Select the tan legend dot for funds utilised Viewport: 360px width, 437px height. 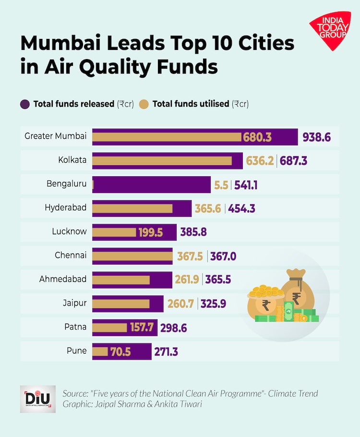(143, 104)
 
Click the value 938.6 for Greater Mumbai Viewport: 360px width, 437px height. (316, 137)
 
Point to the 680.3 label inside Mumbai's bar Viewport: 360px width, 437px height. (257, 137)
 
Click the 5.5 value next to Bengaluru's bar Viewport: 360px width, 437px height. (221, 184)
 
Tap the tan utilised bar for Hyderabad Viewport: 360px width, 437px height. (132, 208)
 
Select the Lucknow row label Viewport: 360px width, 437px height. (69, 231)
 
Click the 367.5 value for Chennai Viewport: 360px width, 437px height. (191, 256)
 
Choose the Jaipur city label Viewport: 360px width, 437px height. (74, 303)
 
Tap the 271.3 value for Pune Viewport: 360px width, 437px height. (166, 352)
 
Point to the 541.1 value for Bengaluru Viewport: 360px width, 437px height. (246, 184)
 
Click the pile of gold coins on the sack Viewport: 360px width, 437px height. (265, 291)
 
